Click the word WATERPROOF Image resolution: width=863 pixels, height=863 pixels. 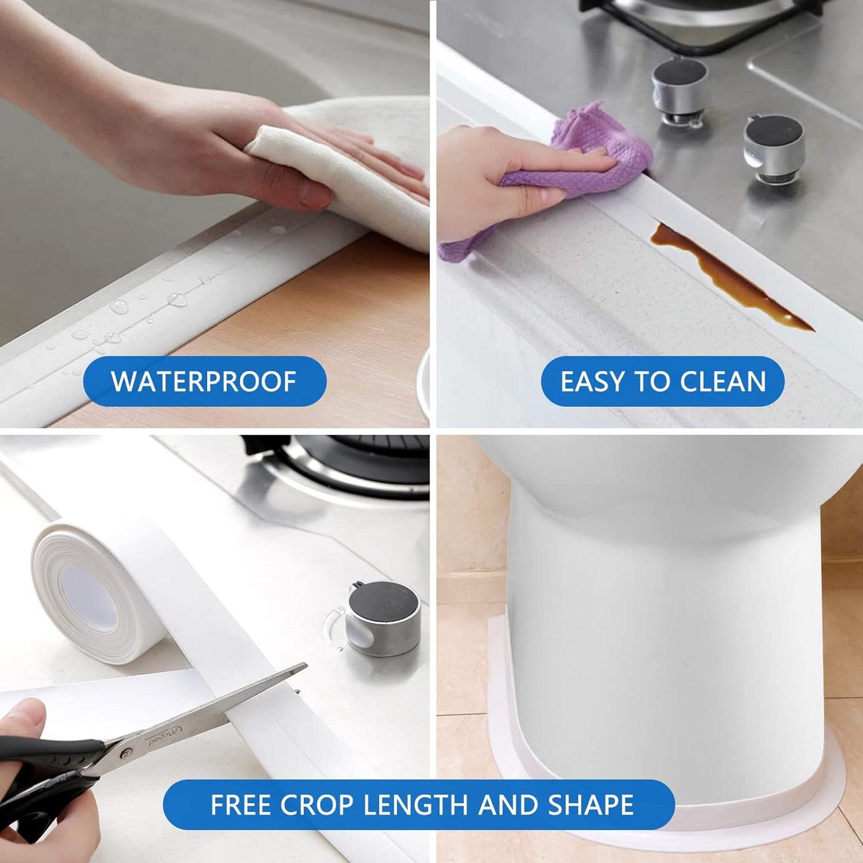click(204, 381)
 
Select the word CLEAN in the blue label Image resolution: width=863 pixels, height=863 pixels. click(723, 382)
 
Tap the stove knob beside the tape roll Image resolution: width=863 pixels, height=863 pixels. click(383, 618)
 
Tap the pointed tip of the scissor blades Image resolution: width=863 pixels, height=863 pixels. click(305, 666)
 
